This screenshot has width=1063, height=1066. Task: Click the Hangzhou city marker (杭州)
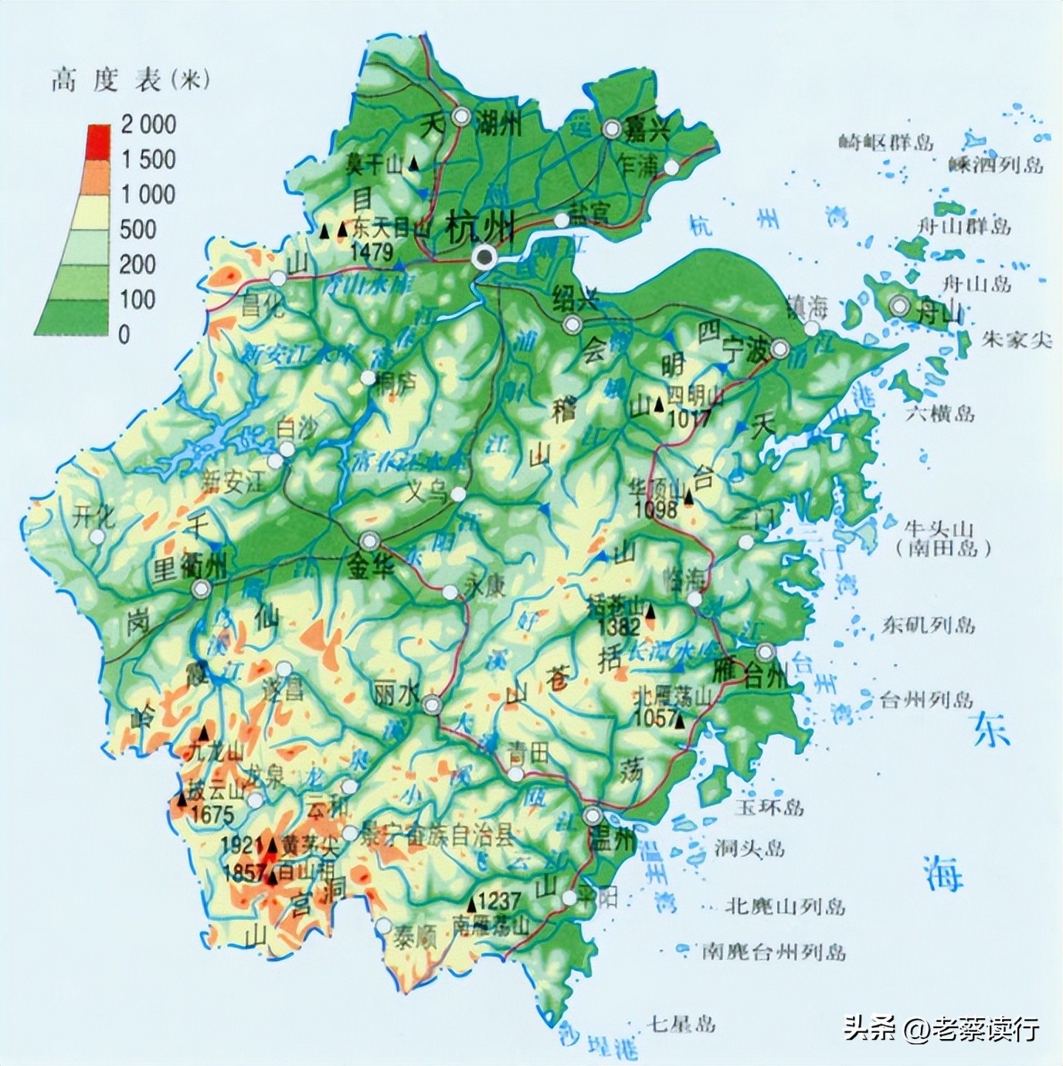[485, 257]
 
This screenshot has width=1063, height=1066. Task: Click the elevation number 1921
[242, 845]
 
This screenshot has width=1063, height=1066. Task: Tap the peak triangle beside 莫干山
[415, 164]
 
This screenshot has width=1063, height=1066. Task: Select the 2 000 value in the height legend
[148, 124]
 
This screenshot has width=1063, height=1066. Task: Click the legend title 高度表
[106, 80]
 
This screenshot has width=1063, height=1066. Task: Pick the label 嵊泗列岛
[997, 165]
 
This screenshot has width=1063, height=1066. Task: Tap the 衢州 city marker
[201, 590]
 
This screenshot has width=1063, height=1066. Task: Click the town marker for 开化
[97, 536]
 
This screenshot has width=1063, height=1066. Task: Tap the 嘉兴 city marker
[613, 129]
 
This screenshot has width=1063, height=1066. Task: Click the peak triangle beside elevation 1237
[470, 904]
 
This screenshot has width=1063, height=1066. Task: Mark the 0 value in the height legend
[125, 334]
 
